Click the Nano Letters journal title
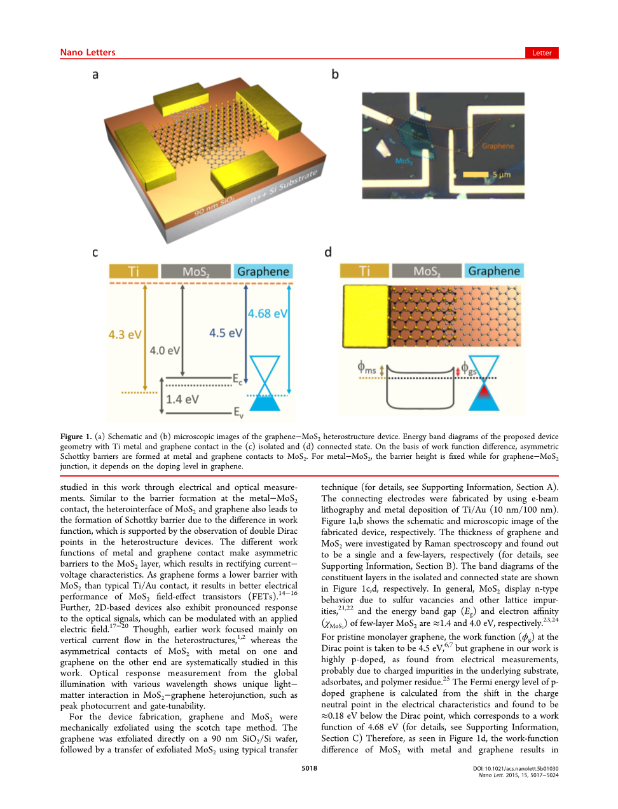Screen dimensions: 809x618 click(88, 53)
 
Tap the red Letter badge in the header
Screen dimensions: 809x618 click(542, 53)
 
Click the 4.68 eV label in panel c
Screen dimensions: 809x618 click(268, 313)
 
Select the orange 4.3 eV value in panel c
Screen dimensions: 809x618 click(125, 334)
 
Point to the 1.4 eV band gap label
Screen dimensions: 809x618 click(182, 399)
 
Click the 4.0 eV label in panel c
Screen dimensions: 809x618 click(165, 350)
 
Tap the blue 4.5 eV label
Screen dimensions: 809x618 click(226, 333)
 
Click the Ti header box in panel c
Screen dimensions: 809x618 click(134, 271)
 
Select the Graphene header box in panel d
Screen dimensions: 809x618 click(494, 271)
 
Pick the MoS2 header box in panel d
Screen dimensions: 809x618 click(427, 271)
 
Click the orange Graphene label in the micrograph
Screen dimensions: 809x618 click(498, 146)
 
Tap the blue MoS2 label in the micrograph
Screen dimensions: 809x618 click(404, 161)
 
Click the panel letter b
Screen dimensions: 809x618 click(335, 74)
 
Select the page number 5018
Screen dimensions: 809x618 click(309, 768)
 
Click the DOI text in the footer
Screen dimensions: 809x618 click(516, 768)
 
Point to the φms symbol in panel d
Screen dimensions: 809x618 click(366, 367)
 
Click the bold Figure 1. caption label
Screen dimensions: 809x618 click(76, 437)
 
